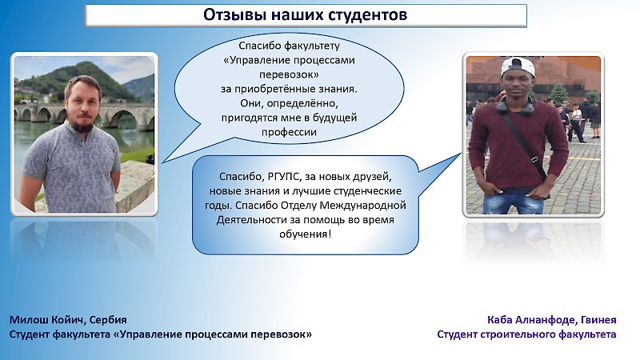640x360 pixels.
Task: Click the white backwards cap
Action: (x=518, y=66)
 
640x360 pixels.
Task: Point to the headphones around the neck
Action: (x=514, y=107)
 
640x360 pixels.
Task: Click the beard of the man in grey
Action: (x=83, y=124)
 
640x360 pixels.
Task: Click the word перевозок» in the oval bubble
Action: (x=289, y=74)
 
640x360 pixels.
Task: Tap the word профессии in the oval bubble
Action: (x=289, y=132)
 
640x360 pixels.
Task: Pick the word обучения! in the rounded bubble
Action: (x=305, y=234)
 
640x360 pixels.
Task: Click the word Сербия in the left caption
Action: (x=108, y=319)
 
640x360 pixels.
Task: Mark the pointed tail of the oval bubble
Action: (x=162, y=163)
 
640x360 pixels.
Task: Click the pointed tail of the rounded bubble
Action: (x=461, y=154)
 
